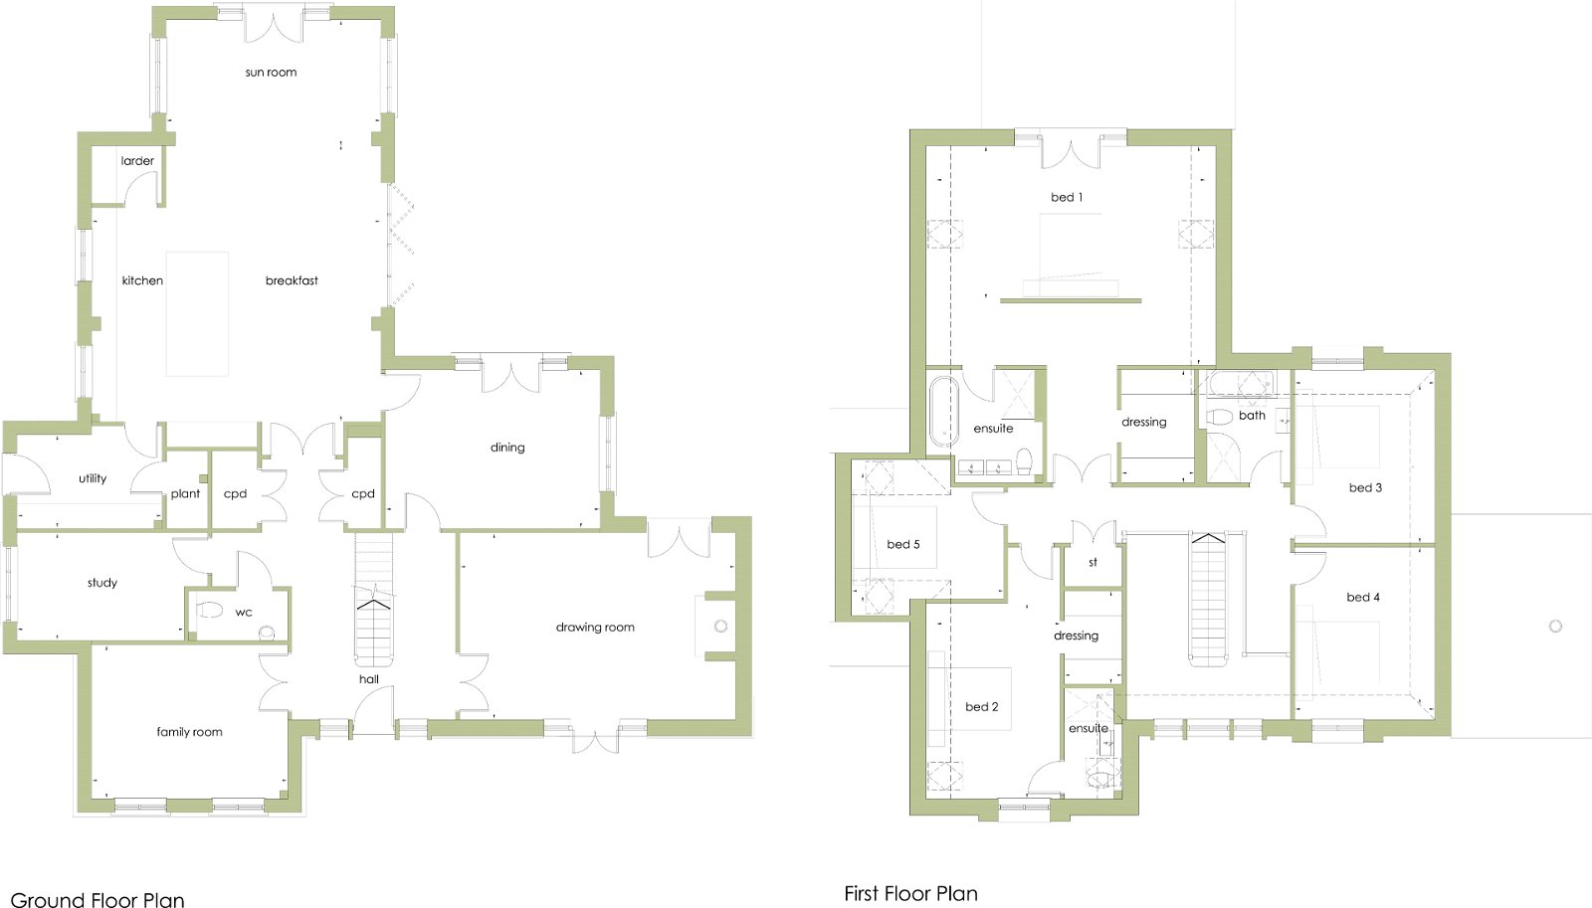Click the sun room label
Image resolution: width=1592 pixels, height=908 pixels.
coord(271,72)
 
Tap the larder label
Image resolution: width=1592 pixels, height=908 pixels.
coord(137,160)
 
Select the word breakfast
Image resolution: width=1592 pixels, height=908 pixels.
coord(292,280)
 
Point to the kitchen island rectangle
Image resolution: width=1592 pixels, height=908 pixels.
coord(198,313)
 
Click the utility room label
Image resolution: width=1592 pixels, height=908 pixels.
coord(93,478)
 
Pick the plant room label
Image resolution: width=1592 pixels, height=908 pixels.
coord(185,494)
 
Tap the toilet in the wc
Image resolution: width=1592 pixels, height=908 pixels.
coord(210,610)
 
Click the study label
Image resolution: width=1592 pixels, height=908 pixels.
coord(102,583)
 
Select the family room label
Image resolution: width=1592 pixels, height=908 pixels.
coord(189,732)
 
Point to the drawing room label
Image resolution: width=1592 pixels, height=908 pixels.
coord(595,628)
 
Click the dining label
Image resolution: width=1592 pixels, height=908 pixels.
coord(507,447)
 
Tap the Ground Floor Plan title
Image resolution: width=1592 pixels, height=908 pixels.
coord(98,899)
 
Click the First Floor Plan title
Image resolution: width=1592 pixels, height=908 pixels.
coord(910,894)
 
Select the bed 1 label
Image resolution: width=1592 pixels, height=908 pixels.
coord(1066,197)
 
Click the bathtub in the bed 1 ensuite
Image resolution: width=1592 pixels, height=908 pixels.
coord(944,412)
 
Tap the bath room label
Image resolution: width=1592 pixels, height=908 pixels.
coord(1252,415)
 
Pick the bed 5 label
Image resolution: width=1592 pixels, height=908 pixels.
coord(903,544)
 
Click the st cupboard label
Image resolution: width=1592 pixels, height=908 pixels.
coord(1094,562)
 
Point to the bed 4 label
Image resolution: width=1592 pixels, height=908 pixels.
coord(1363,598)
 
